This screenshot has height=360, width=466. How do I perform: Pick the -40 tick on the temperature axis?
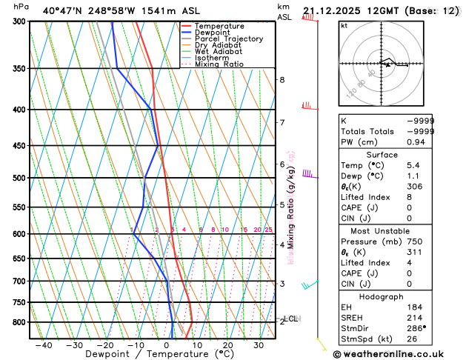pyautogui.click(x=44, y=344)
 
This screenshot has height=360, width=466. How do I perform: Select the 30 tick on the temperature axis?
pyautogui.click(x=259, y=344)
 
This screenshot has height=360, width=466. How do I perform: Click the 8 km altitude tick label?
pyautogui.click(x=282, y=80)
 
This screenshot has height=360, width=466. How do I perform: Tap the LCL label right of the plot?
pyautogui.click(x=291, y=319)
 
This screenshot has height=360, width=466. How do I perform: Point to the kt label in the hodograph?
pyautogui.click(x=344, y=25)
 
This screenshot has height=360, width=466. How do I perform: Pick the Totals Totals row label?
pyautogui.click(x=366, y=131)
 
